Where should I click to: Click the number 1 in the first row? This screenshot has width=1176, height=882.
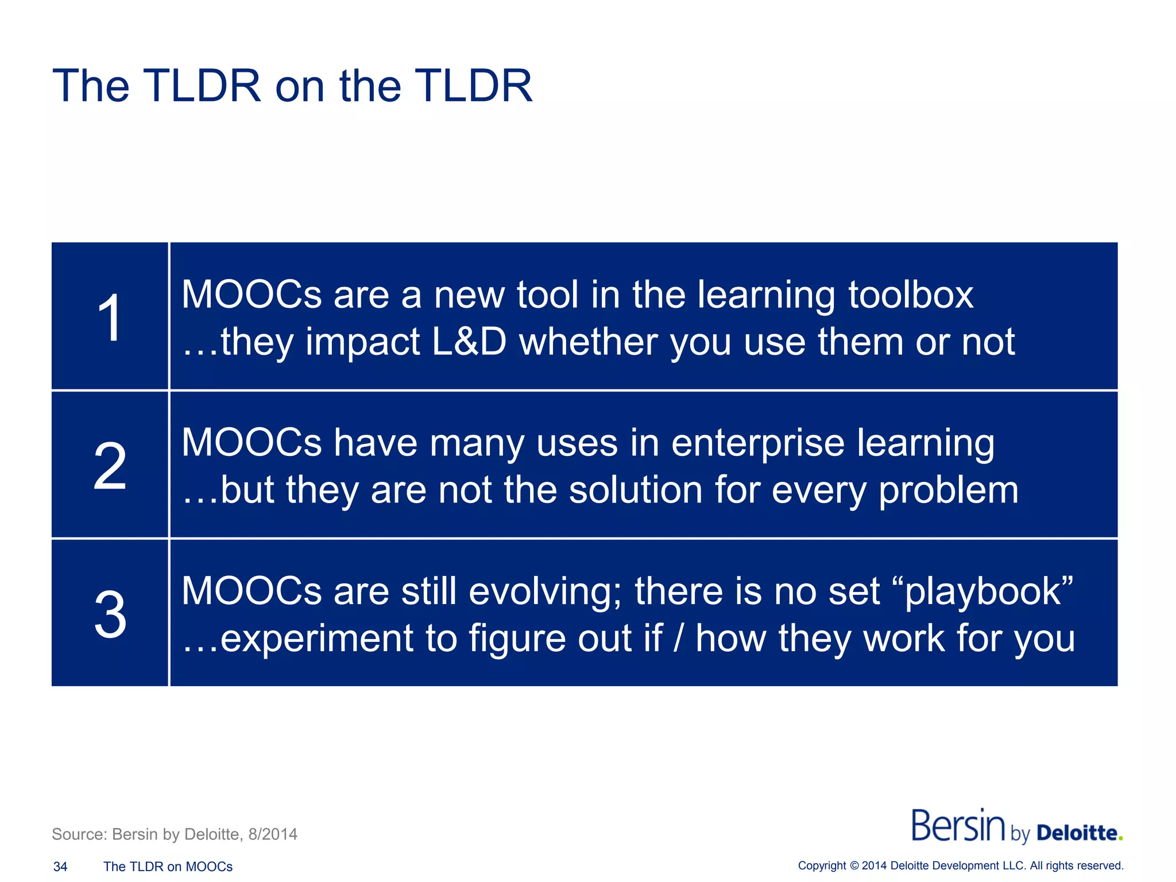tap(109, 318)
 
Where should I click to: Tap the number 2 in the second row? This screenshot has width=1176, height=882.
tap(110, 466)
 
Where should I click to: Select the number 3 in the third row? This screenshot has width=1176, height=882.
tap(110, 615)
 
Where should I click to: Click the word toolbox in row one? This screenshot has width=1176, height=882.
tap(911, 295)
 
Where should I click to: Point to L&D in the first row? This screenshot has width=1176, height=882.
tap(469, 342)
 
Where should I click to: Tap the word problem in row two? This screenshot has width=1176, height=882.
tap(949, 491)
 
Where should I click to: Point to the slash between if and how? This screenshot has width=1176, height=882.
tap(679, 638)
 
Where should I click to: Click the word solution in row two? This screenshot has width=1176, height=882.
tap(635, 490)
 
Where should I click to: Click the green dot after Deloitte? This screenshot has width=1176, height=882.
tap(1120, 839)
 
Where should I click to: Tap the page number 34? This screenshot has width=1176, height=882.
tap(60, 866)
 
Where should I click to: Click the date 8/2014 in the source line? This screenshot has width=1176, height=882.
tap(273, 834)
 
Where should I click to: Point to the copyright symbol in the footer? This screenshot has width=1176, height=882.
tap(854, 865)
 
